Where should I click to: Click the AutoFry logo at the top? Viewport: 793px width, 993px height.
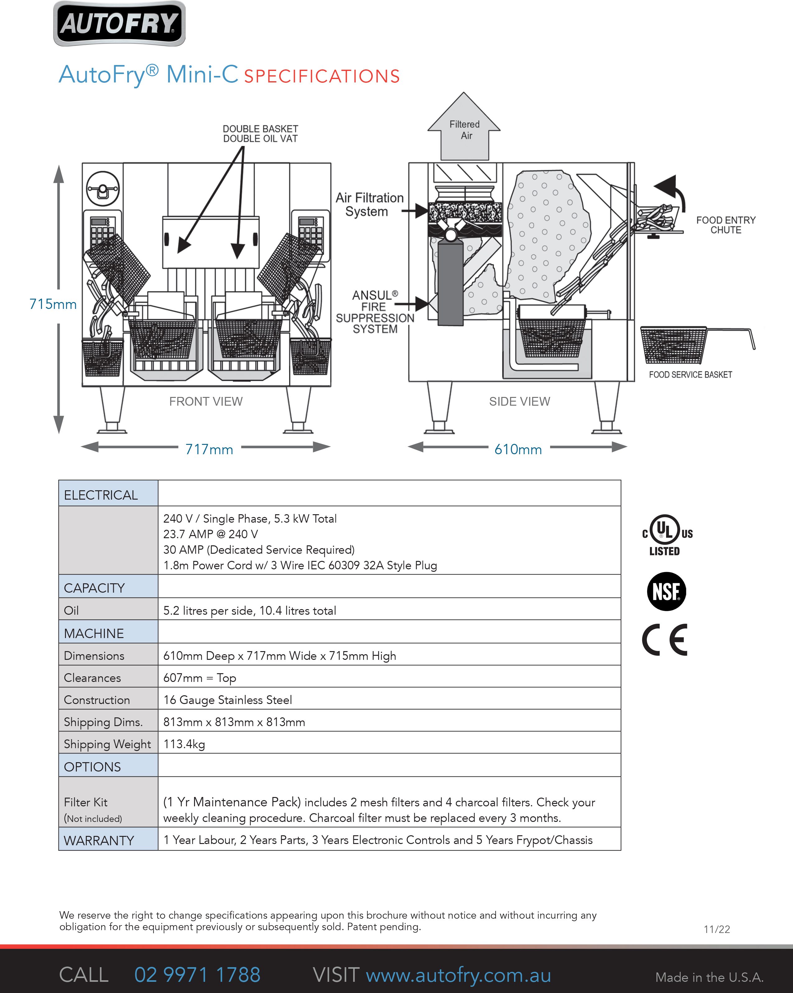119,24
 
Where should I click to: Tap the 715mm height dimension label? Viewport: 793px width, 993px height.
53,304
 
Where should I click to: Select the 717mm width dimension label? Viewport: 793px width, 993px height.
209,449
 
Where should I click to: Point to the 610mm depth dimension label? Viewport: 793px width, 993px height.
518,449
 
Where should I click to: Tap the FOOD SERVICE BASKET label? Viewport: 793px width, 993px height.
690,375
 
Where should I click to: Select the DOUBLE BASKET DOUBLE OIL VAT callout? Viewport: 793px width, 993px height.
260,133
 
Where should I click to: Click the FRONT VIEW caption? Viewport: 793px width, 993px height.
206,402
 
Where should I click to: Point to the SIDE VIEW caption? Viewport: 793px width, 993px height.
519,402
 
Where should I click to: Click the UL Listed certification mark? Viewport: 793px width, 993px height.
667,535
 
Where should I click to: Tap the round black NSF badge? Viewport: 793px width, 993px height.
666,591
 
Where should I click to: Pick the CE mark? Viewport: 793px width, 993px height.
665,640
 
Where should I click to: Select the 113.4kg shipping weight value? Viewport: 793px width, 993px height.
184,744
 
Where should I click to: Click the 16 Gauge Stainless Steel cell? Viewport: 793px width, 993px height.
228,700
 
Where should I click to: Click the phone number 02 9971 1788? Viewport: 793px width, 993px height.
197,975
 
